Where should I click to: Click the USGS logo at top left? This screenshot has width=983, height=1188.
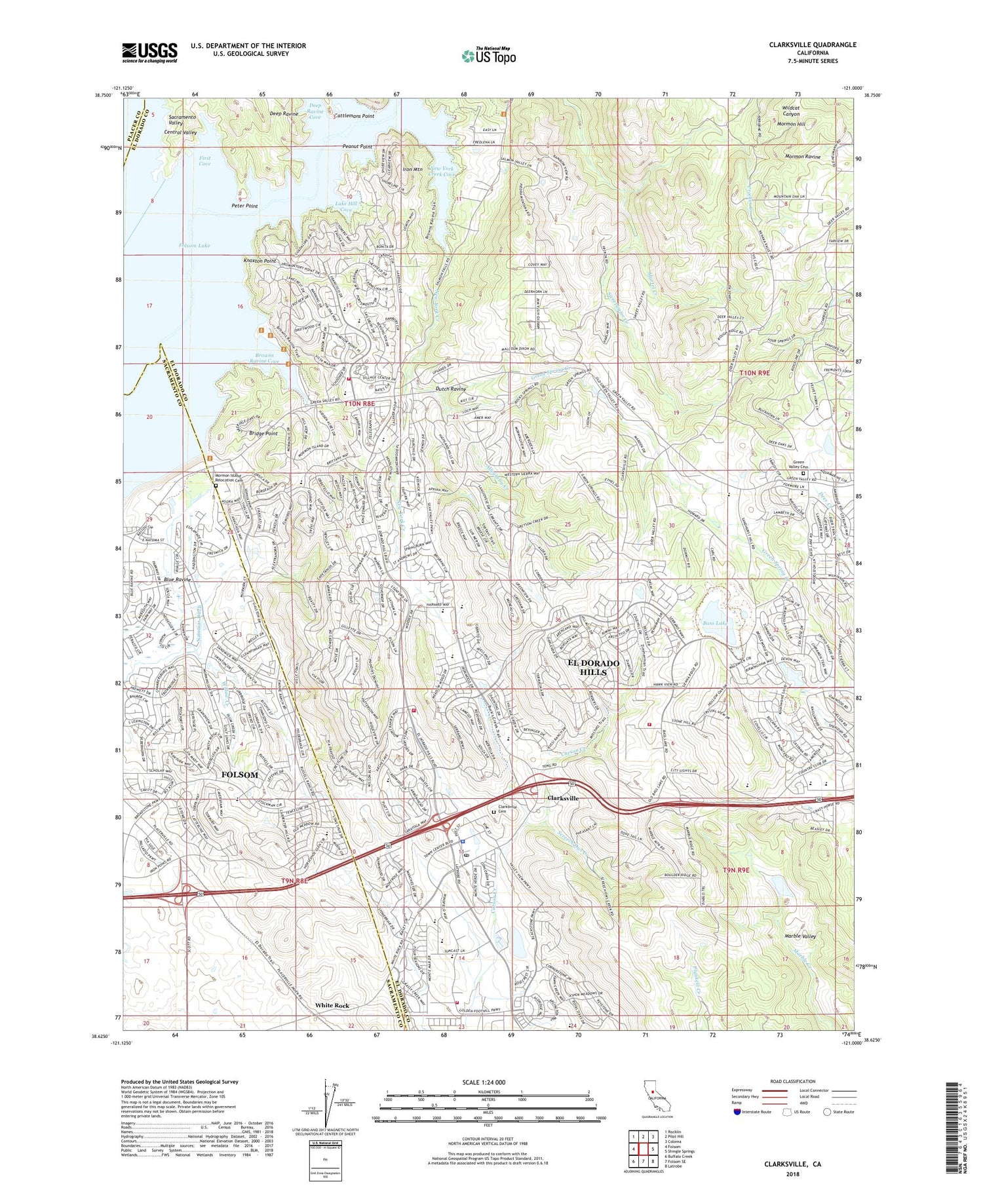click(x=149, y=52)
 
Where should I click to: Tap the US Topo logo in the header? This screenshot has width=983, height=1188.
click(x=488, y=56)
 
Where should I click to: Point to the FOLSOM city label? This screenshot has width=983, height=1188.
click(x=240, y=775)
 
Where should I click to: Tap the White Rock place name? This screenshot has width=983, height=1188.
click(x=332, y=1005)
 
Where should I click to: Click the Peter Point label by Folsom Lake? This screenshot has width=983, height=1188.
click(x=244, y=206)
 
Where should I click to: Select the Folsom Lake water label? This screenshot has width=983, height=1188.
click(x=195, y=245)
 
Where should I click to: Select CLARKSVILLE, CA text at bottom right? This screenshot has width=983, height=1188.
click(x=792, y=1164)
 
